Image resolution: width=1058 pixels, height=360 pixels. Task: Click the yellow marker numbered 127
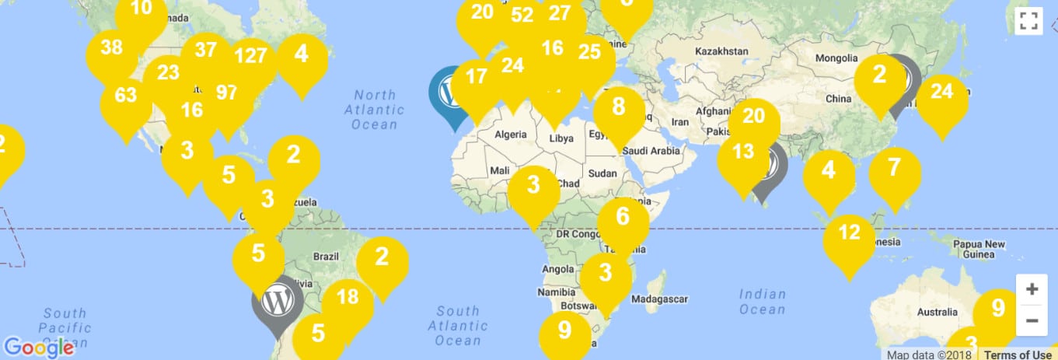(250, 57)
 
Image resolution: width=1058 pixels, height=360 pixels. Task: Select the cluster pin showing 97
(226, 93)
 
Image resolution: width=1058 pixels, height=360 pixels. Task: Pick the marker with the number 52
(522, 15)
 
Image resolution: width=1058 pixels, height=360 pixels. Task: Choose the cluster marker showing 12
(850, 232)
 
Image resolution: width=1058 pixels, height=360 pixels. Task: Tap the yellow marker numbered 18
(347, 296)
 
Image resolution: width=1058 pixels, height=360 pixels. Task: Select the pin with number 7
(894, 167)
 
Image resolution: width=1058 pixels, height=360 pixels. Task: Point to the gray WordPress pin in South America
(277, 300)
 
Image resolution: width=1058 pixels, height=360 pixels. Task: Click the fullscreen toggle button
(1028, 21)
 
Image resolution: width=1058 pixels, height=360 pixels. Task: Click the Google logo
(38, 348)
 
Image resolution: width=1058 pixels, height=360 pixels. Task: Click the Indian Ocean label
(762, 302)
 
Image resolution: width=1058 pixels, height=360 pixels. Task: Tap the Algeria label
(511, 135)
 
